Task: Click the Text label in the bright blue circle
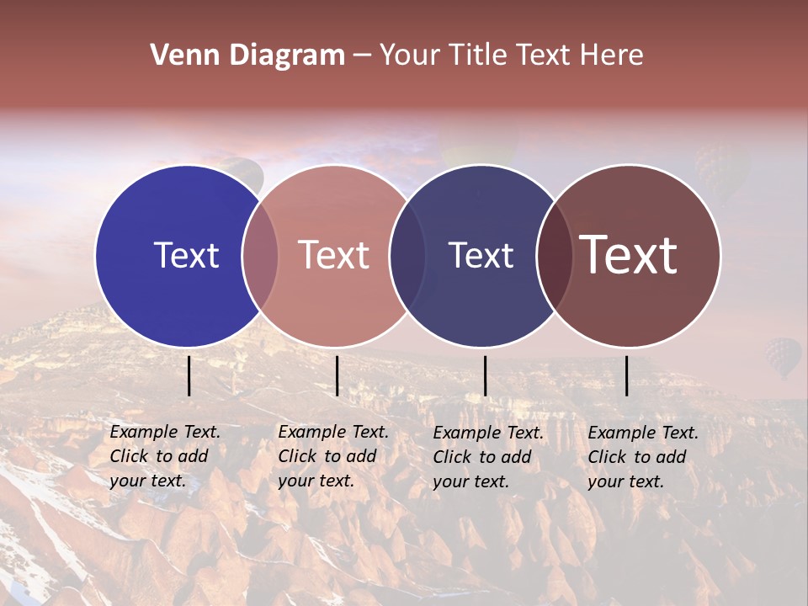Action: (186, 255)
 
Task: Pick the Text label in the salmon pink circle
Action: (333, 255)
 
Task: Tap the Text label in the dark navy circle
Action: (481, 255)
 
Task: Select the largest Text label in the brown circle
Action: (629, 255)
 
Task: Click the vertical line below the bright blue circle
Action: (189, 375)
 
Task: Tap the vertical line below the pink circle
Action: (337, 375)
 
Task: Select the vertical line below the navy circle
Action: (485, 375)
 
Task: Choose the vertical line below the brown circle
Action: (626, 375)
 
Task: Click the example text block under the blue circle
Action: (165, 456)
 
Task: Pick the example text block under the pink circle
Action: (333, 456)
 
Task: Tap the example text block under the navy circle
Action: (488, 457)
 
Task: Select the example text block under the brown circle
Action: (643, 457)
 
